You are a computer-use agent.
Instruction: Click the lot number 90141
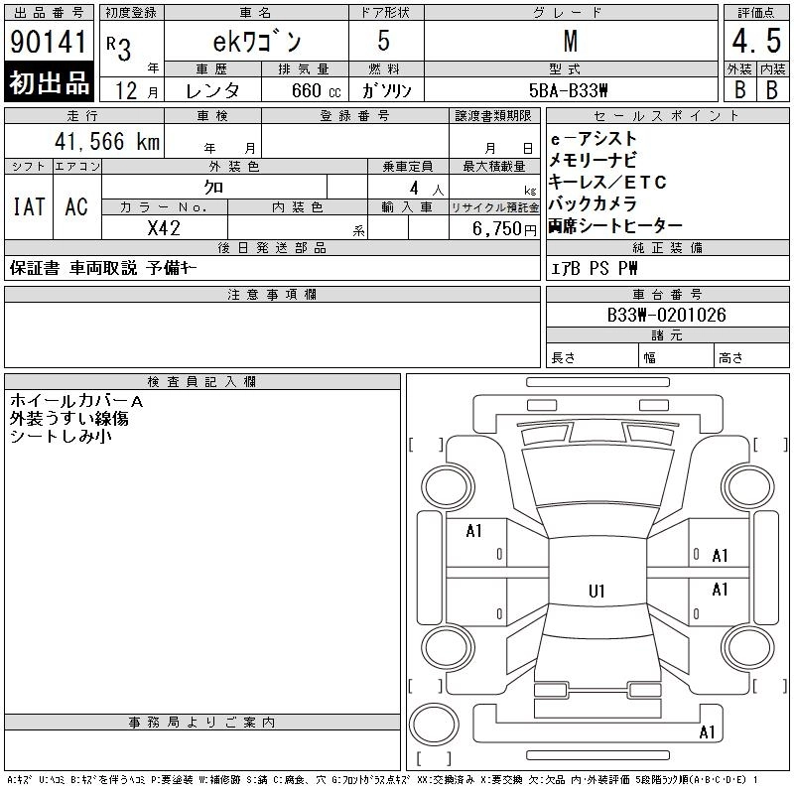pos(48,42)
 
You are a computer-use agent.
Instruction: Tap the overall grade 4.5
pos(756,41)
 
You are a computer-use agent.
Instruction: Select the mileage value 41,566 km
pos(107,141)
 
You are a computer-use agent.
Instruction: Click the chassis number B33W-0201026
pos(666,315)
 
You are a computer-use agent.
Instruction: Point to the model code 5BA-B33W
pos(568,90)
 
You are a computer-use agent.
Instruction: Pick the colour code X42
pos(164,228)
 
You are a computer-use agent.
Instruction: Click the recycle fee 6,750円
pos(504,229)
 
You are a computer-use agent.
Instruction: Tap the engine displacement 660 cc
pos(316,91)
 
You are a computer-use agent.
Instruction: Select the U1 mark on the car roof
pos(596,591)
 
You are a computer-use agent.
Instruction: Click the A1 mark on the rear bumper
pos(707,732)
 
